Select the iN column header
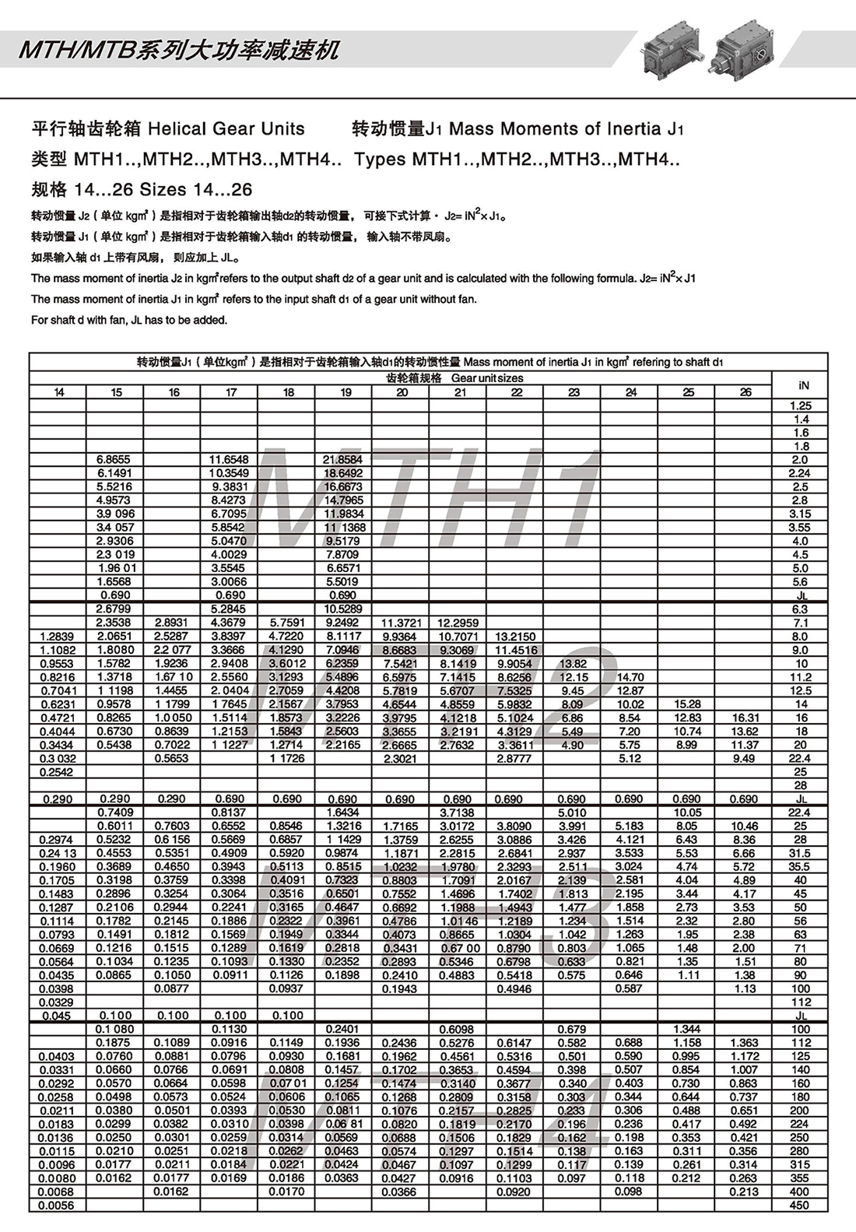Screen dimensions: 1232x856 click(803, 385)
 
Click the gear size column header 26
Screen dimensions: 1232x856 click(745, 392)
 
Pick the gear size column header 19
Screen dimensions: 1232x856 click(345, 392)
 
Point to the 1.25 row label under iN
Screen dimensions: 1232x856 click(800, 405)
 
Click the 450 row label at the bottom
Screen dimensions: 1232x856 click(799, 1206)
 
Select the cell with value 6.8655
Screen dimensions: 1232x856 click(114, 460)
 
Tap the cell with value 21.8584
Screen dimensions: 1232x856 click(342, 460)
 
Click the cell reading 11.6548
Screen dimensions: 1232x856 click(229, 460)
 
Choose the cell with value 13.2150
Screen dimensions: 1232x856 click(515, 637)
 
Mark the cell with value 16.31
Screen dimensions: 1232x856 click(745, 718)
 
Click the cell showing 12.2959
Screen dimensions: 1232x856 click(458, 623)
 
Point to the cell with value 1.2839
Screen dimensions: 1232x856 click(57, 637)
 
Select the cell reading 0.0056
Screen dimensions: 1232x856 click(57, 1206)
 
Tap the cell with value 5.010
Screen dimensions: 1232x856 click(572, 813)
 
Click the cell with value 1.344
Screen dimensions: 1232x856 click(687, 1029)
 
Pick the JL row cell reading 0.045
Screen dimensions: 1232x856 click(57, 1016)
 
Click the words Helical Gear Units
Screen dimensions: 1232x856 click(226, 129)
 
